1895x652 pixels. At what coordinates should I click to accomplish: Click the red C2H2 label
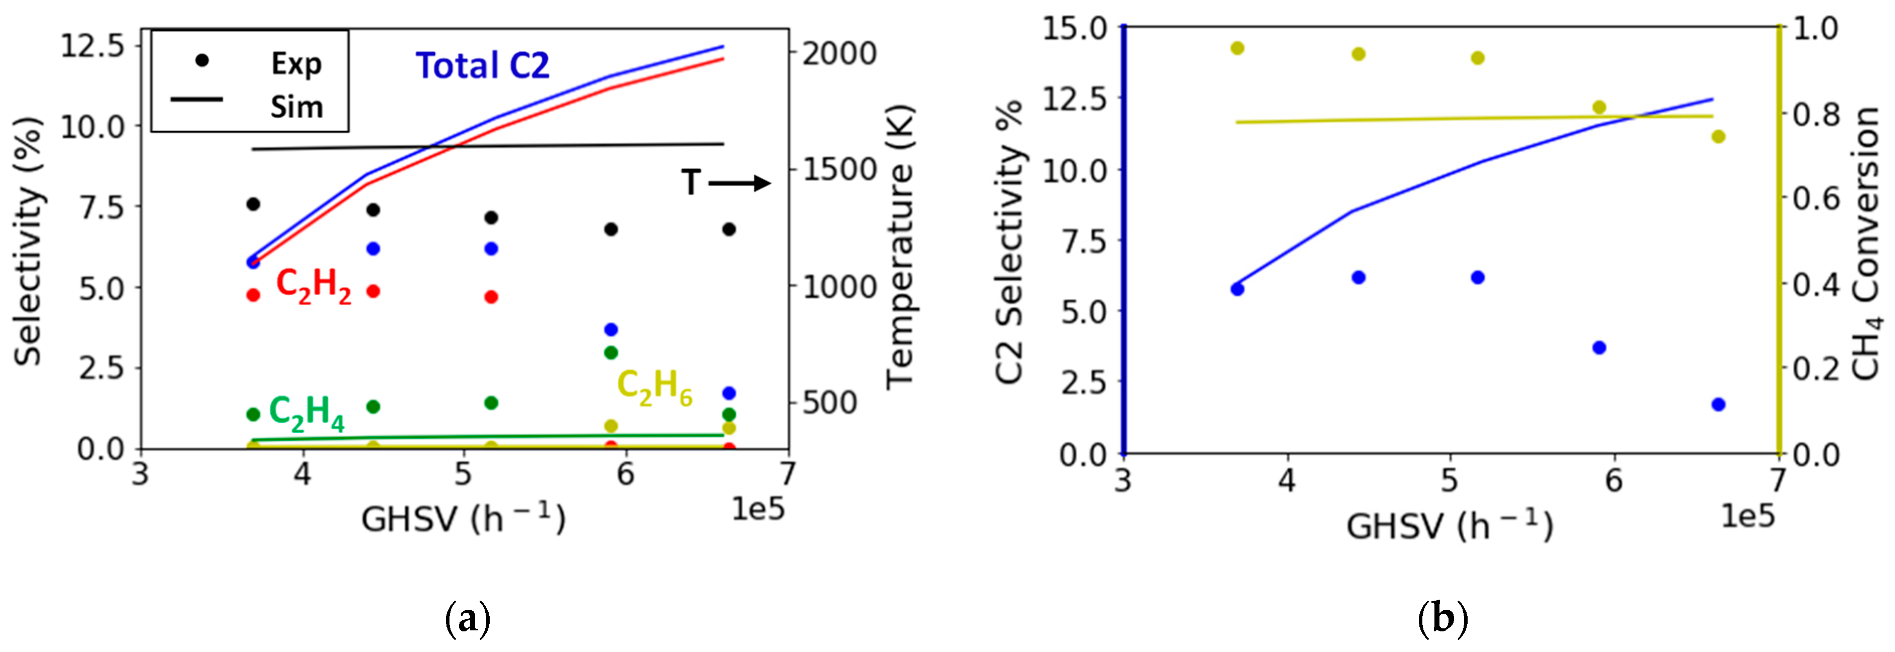pos(313,286)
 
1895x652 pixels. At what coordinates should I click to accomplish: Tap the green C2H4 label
pos(307,413)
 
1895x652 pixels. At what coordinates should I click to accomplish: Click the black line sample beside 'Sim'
pos(197,99)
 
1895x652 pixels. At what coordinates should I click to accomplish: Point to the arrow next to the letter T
pos(739,183)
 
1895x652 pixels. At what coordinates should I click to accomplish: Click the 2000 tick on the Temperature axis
pos(839,54)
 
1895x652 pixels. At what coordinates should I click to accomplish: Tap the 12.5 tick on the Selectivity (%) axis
pos(93,46)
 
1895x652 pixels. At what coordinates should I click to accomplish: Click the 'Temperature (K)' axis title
pos(899,247)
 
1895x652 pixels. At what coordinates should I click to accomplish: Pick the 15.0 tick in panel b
pos(1075,28)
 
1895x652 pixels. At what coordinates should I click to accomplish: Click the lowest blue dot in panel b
pos(1719,404)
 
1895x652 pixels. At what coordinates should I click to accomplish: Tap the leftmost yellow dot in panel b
pos(1237,49)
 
